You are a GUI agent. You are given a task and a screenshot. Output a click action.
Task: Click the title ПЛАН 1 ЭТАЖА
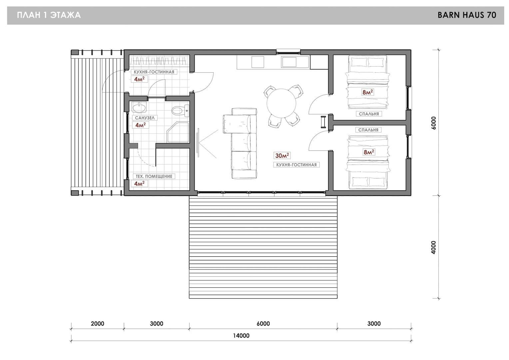tap(49, 15)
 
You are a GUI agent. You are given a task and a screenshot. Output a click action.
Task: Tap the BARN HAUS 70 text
tap(467, 15)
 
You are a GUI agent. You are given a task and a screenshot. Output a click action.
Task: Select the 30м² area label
tap(282, 156)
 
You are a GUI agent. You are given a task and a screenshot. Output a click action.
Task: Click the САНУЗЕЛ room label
tap(145, 118)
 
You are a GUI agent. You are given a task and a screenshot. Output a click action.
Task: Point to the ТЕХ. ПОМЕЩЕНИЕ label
tap(154, 176)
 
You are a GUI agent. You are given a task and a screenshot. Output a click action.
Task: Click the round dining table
tap(281, 103)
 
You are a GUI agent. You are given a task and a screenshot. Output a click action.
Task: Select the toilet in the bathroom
tap(181, 111)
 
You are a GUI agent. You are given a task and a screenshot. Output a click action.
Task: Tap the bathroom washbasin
tap(139, 107)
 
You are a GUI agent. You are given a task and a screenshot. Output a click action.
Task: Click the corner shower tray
tap(178, 132)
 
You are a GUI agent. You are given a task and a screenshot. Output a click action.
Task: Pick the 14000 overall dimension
tap(241, 336)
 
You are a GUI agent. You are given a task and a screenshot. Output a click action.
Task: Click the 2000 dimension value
tap(98, 323)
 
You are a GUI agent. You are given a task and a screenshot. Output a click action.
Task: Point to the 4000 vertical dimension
tap(434, 247)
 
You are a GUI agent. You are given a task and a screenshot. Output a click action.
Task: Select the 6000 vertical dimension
tap(434, 123)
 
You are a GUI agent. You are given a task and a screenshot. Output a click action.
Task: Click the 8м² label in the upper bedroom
tap(368, 92)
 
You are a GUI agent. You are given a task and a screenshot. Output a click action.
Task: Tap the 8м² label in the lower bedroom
tap(369, 152)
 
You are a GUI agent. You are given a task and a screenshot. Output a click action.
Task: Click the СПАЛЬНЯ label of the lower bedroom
tap(368, 130)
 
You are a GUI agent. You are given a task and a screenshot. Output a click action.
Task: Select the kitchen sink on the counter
tap(289, 62)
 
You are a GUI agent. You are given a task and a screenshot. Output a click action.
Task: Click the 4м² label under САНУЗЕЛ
tap(141, 125)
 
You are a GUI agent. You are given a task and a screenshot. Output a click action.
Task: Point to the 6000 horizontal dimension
tap(263, 323)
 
